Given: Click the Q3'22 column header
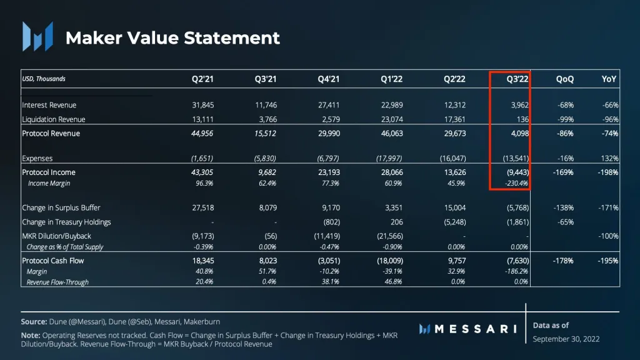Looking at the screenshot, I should tap(517, 79).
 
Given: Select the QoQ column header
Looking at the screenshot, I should tap(564, 79).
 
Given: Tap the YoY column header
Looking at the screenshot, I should tap(609, 79).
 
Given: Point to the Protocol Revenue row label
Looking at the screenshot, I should tap(51, 133).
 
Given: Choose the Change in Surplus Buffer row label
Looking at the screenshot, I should tap(61, 207).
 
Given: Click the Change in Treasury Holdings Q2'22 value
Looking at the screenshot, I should tap(453, 222).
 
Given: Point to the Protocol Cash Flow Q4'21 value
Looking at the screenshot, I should tap(327, 261).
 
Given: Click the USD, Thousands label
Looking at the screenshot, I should tap(44, 79).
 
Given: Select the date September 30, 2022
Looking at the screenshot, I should tap(566, 339).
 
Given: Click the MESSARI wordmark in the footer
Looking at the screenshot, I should tap(476, 329).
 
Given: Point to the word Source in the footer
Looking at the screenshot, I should tap(34, 321).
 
